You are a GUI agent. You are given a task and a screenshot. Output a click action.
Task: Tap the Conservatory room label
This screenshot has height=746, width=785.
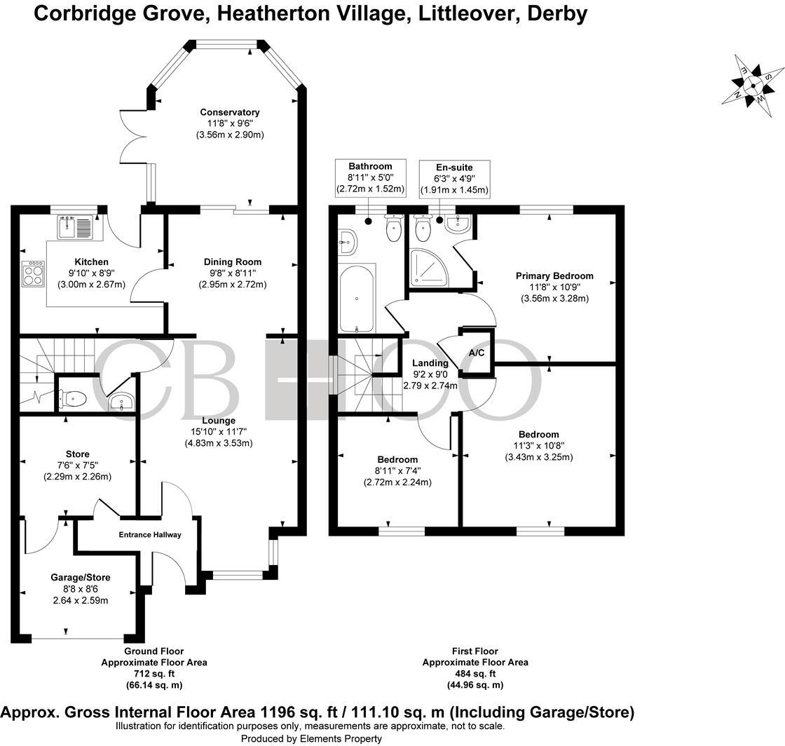230,112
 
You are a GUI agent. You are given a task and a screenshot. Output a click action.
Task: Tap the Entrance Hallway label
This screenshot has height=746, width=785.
149,535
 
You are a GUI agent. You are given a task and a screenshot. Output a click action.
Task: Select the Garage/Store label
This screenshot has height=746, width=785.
80,578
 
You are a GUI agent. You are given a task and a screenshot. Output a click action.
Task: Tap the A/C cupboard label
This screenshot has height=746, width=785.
477,352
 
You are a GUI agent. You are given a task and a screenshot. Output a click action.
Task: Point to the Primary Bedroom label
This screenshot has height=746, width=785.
554,276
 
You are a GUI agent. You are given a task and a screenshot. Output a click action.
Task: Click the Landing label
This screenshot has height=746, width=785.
430,363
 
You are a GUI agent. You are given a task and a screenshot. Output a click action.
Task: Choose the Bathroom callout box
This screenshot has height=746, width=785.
370,177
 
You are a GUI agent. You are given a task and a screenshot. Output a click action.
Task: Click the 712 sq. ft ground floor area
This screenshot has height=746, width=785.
153,673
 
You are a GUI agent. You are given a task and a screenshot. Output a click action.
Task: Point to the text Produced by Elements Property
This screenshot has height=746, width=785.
311,738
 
